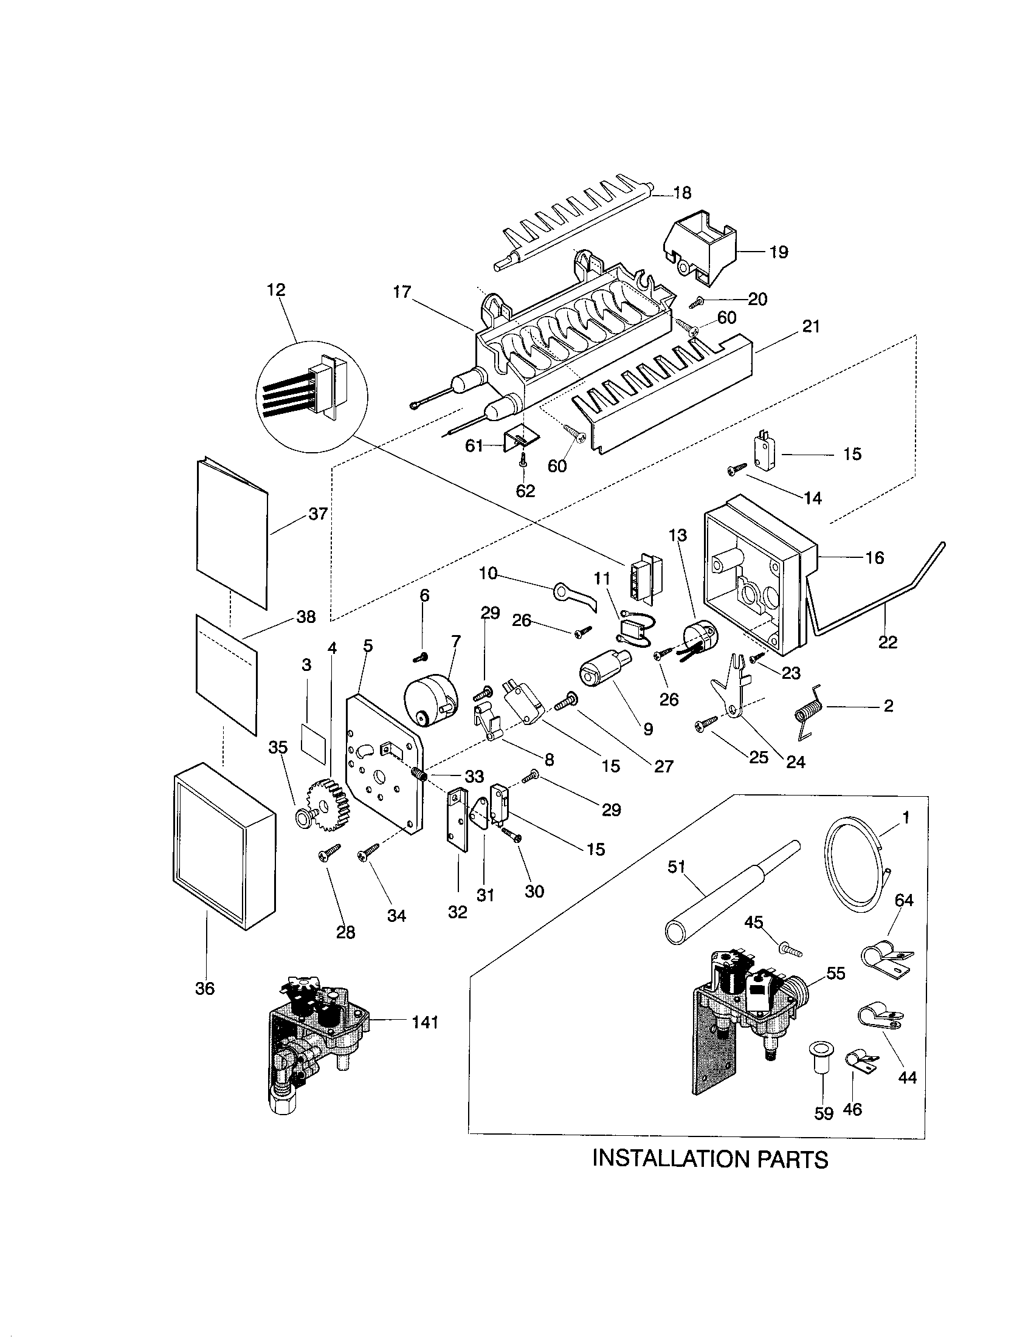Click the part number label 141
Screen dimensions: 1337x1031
coord(425,1022)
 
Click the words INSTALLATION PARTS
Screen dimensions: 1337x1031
coord(710,1159)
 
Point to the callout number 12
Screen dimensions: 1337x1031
coord(276,289)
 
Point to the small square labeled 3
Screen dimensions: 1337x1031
coord(315,741)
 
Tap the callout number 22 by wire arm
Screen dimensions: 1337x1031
coord(887,642)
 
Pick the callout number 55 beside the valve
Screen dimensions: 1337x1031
coord(836,974)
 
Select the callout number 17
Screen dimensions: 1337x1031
coord(402,292)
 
